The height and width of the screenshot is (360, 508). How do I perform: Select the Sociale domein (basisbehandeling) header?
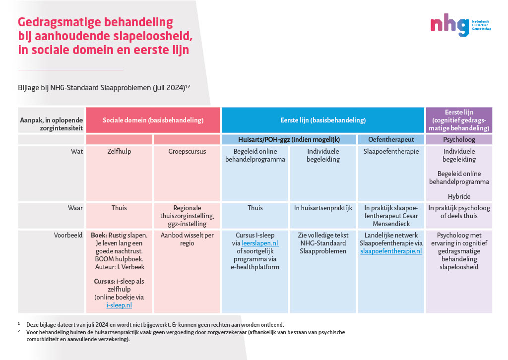click(153, 120)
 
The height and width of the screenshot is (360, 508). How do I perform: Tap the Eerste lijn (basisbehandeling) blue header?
click(322, 120)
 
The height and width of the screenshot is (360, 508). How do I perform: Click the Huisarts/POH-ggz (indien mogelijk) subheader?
click(289, 139)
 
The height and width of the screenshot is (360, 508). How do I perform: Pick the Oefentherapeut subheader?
click(391, 139)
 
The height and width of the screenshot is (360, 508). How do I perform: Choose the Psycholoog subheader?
click(459, 139)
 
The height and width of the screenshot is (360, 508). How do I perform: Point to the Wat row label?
click(76, 151)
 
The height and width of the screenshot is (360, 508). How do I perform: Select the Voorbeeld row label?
click(68, 235)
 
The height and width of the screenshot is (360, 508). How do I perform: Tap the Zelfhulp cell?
click(119, 152)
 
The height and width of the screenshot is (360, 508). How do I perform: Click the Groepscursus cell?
click(187, 152)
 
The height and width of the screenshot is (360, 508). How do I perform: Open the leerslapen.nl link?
click(260, 243)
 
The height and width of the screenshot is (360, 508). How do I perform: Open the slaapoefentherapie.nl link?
click(391, 251)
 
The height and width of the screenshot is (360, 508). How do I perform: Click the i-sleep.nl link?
click(119, 305)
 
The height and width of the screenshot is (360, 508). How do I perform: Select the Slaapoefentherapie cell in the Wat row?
click(391, 152)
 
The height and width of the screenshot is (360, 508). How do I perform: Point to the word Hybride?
click(459, 196)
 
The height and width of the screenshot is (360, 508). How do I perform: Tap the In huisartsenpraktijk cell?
click(323, 208)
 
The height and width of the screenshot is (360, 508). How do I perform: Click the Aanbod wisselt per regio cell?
click(187, 239)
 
